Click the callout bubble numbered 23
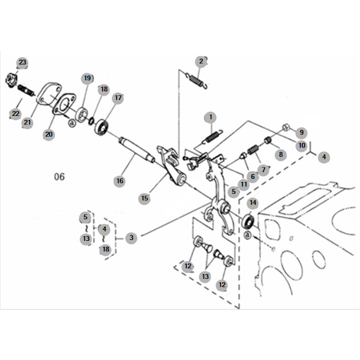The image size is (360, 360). point(23,62)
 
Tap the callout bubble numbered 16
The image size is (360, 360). point(120,181)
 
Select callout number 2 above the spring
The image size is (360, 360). point(201,62)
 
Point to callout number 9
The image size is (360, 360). point(302,132)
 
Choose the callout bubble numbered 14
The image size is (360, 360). point(253,203)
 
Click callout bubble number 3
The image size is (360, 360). point(131,238)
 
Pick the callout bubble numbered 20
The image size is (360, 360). point(49,134)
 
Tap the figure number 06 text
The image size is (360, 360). point(59,177)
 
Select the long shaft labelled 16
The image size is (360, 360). point(137,150)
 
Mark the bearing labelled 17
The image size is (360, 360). point(101,127)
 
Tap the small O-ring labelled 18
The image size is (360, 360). point(91,120)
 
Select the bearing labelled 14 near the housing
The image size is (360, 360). point(248,222)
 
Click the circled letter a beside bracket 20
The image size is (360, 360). point(72,123)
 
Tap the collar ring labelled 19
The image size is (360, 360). point(82,114)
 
